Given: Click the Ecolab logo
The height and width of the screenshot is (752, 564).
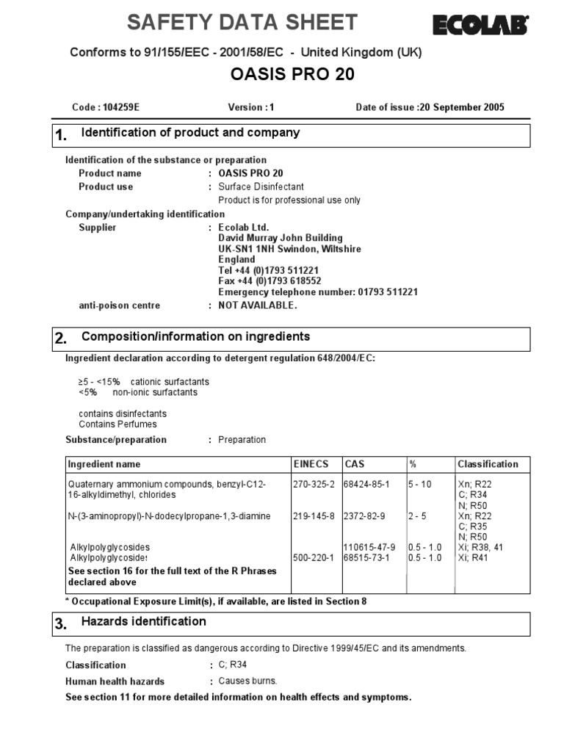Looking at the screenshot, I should click(x=480, y=26).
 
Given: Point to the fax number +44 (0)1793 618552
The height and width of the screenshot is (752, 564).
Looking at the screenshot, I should click(x=270, y=281).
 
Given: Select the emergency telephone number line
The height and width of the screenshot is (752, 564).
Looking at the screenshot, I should click(x=318, y=292).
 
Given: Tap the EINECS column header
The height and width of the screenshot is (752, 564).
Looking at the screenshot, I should click(x=311, y=464).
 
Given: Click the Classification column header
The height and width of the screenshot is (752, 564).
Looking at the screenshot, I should click(x=488, y=464).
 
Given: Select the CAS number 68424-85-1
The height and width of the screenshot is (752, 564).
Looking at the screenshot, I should click(x=366, y=485).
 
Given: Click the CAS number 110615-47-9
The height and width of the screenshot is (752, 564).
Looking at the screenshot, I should click(x=369, y=548).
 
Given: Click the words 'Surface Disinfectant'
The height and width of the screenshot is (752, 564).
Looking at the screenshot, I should click(x=261, y=187).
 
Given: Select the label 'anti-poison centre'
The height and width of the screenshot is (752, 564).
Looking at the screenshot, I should click(x=119, y=305).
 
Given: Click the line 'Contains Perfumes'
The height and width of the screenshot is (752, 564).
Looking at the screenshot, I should click(x=117, y=424).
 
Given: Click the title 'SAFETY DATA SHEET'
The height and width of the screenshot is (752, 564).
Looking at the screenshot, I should click(x=242, y=23).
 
